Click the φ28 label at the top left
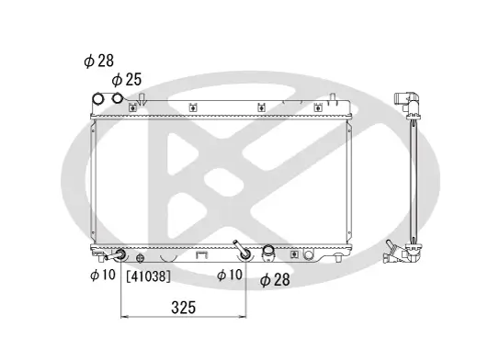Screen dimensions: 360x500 100,62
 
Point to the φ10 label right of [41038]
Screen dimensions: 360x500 229,275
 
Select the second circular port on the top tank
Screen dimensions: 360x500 118,99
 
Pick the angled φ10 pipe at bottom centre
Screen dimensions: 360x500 243,252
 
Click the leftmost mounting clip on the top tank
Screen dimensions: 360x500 135,107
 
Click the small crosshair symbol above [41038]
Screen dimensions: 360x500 140,258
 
